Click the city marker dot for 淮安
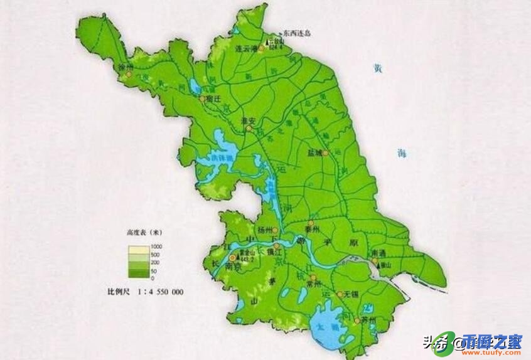click(248, 129)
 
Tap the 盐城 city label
click(314, 152)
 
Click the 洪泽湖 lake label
click(223, 158)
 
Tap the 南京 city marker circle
click(233, 257)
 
